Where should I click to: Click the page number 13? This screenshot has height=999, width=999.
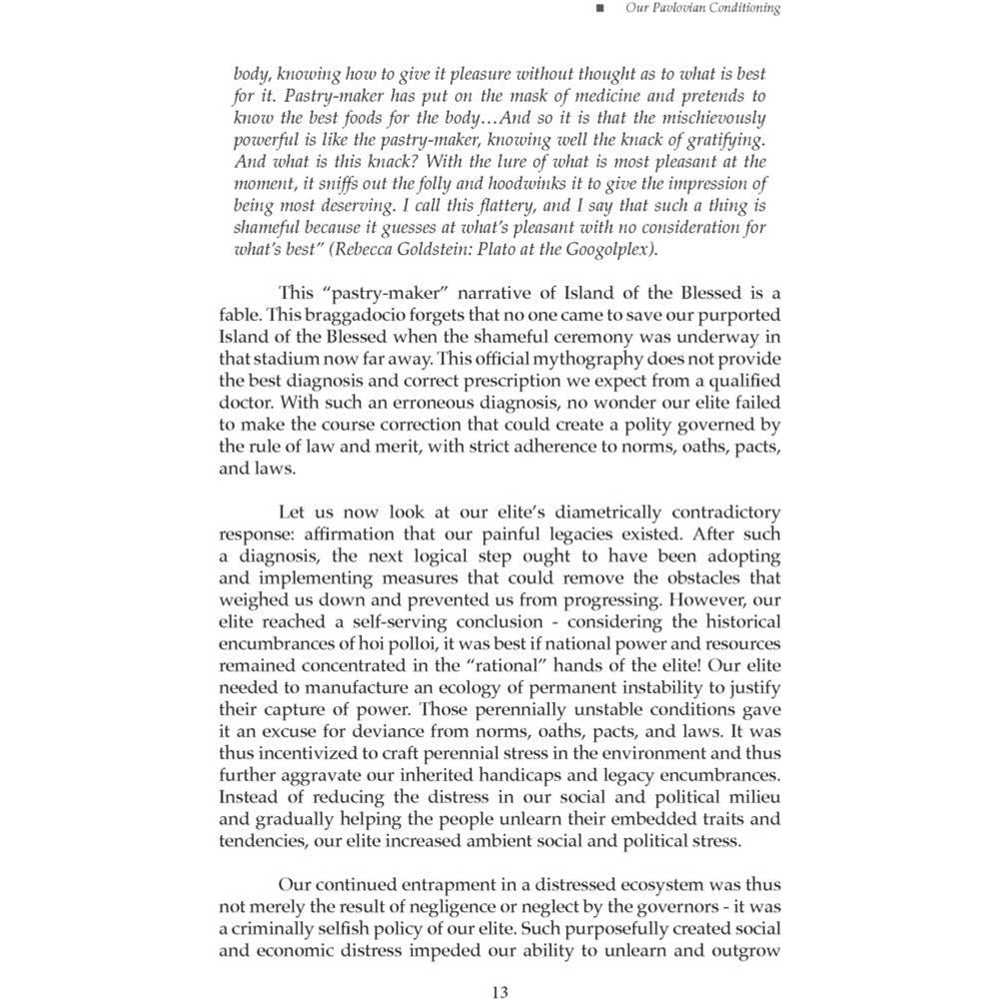click(x=500, y=991)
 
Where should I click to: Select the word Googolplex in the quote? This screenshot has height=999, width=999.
click(x=610, y=249)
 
